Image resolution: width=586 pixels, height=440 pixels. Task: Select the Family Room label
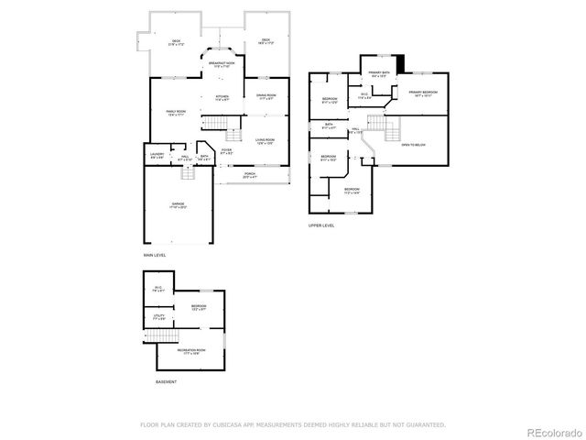click(x=177, y=113)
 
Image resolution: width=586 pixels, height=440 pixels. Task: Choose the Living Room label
click(x=266, y=141)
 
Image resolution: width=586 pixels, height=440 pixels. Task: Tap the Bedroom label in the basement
click(x=198, y=307)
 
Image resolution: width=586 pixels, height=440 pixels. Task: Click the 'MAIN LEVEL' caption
click(x=154, y=254)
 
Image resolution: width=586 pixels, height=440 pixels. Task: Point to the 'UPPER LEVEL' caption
click(x=321, y=225)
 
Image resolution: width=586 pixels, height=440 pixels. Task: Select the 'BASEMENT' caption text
click(x=166, y=380)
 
